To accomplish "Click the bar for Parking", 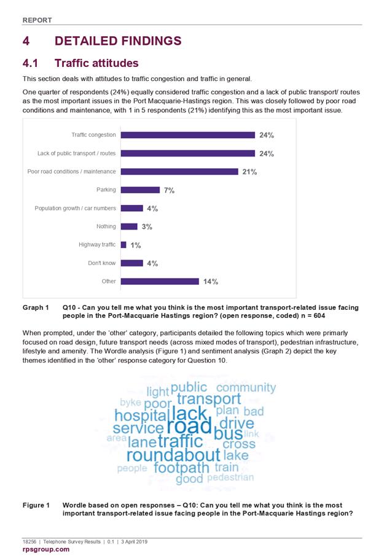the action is tap(140, 190).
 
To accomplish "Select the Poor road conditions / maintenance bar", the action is tap(179, 172).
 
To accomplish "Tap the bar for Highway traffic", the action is tap(123, 245).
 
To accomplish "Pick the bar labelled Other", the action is tap(160, 282).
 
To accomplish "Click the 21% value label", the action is tap(249, 172).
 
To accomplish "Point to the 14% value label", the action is tap(211, 282).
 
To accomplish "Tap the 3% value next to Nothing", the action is tap(147, 226).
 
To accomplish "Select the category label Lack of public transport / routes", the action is tap(77, 153).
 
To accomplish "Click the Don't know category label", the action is tap(102, 263).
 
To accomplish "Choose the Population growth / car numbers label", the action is tap(75, 208).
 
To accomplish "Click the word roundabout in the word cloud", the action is tap(173, 455).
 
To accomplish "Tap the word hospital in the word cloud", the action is tap(141, 415).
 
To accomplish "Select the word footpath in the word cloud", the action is tap(181, 468).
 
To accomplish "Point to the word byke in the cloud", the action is tap(131, 403).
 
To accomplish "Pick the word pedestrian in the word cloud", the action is tap(230, 477).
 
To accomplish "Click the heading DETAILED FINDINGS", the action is tap(118, 41).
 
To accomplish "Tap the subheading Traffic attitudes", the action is tap(96, 63).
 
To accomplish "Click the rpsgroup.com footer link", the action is tap(46, 549).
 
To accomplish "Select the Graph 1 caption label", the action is tap(36, 307).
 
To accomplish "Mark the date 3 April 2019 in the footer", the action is tap(134, 541).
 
